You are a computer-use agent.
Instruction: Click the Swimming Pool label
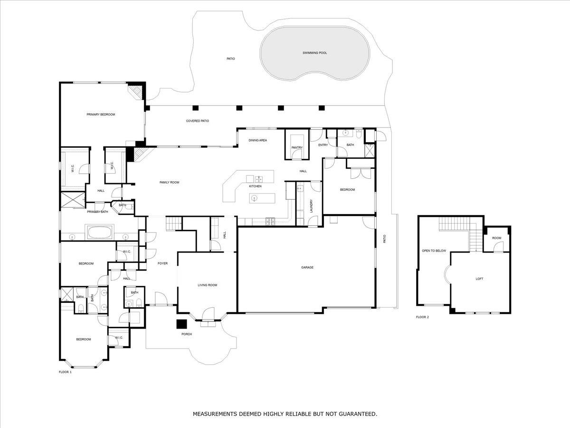(x=314, y=53)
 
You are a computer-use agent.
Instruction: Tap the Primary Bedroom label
(x=101, y=115)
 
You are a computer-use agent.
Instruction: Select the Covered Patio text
(x=197, y=121)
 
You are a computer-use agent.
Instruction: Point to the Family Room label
(x=169, y=183)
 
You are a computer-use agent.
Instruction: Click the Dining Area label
(x=257, y=140)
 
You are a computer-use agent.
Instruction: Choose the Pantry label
(x=297, y=147)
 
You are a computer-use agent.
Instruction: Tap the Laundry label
(x=311, y=206)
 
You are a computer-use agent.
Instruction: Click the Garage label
(x=307, y=267)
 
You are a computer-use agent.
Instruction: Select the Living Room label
(x=207, y=285)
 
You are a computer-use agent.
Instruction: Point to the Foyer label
(x=162, y=263)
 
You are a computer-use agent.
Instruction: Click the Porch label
(x=187, y=334)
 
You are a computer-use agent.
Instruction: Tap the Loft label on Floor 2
(x=479, y=279)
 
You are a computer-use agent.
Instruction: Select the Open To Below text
(x=434, y=251)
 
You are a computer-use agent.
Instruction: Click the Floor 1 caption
(x=65, y=372)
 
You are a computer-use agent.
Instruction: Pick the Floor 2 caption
(x=422, y=317)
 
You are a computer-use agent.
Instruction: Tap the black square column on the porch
(x=182, y=324)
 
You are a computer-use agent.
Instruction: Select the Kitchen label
(x=255, y=186)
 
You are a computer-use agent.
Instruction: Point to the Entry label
(x=323, y=145)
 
